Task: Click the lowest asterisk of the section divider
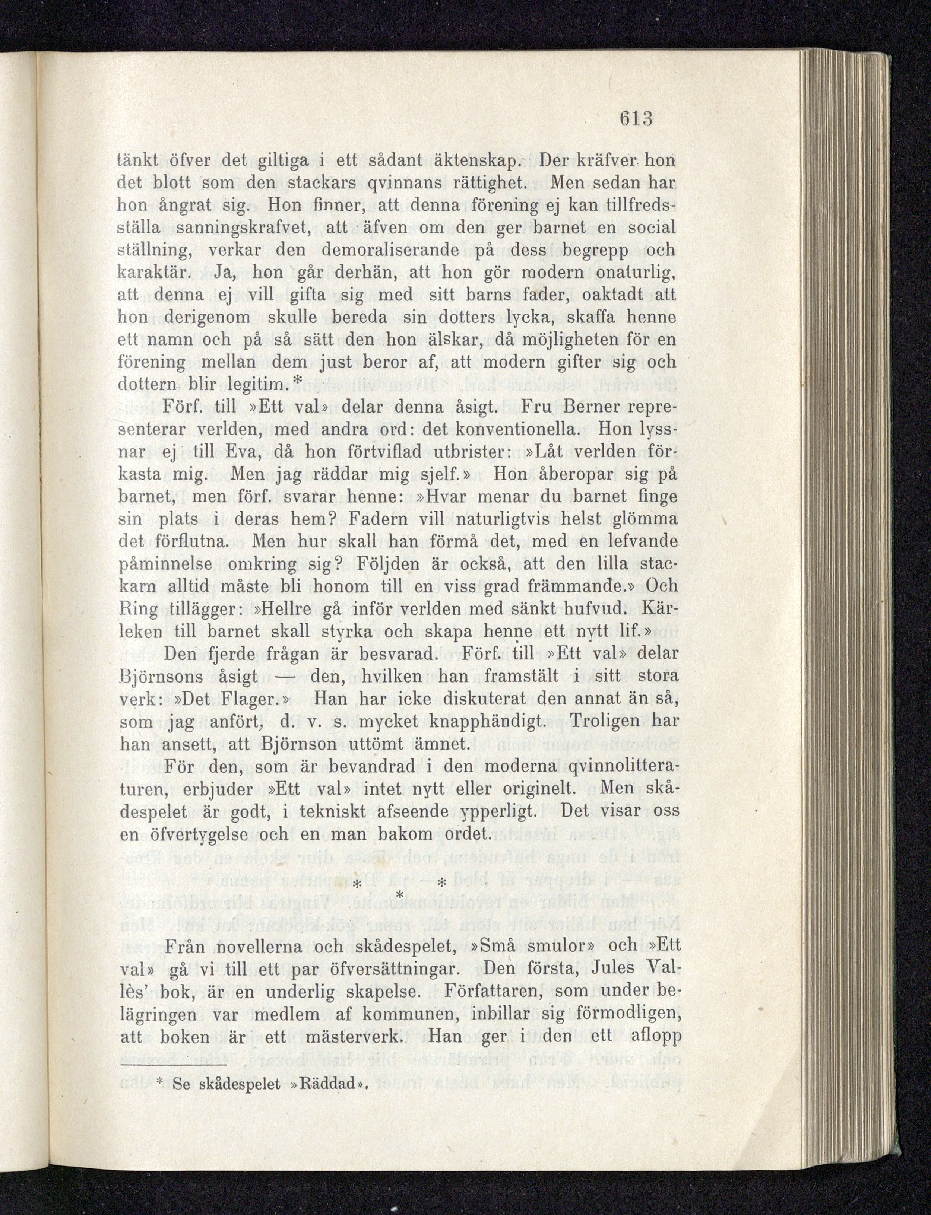402,896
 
